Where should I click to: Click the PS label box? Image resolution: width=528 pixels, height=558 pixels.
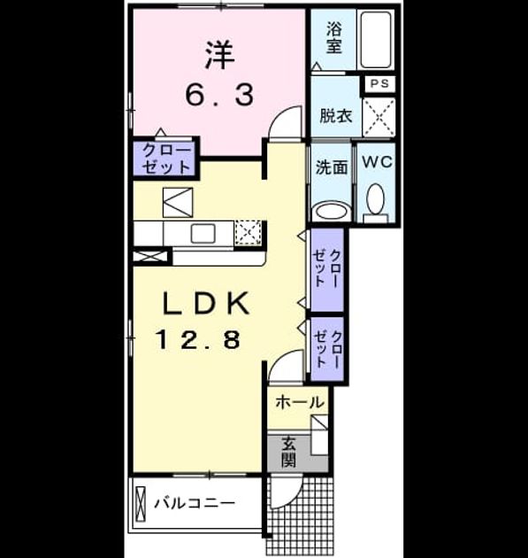coord(379,84)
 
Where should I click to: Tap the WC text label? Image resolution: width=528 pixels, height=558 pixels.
coord(378,162)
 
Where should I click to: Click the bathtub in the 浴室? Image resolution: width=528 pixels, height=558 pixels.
coord(376,40)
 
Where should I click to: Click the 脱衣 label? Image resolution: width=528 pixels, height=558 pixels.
coord(335,116)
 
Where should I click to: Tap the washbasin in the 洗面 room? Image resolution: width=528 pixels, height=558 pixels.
coord(332,212)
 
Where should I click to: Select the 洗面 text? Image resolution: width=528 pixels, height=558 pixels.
coord(332,167)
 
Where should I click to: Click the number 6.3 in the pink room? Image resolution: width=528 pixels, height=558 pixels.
coord(220,95)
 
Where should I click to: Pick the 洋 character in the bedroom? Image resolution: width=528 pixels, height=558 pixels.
coord(220,55)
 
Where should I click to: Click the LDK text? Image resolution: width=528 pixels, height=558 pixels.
coord(205,303)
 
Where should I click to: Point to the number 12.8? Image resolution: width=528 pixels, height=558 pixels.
coord(199,339)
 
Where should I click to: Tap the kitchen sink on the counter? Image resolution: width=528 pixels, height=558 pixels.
coord(203,234)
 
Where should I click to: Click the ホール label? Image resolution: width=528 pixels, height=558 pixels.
coord(300,402)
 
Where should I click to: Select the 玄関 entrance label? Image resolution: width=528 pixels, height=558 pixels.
coord(288,452)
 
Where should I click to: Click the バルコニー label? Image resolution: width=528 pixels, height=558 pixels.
coord(195,504)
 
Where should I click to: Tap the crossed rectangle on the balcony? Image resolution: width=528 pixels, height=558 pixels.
coord(141,504)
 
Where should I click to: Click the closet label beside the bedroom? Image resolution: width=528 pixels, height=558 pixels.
coord(166,159)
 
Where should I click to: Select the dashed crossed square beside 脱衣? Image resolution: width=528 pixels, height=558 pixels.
coord(379,117)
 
